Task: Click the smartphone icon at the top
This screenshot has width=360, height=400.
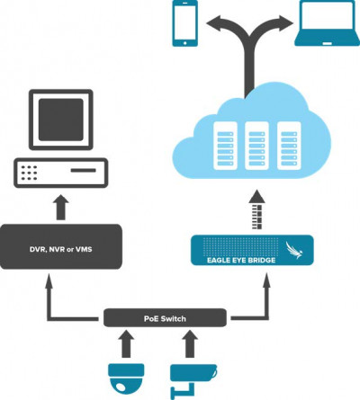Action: click(184, 24)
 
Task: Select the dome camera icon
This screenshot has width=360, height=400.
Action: click(125, 378)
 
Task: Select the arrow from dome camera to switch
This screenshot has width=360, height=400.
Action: click(126, 345)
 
